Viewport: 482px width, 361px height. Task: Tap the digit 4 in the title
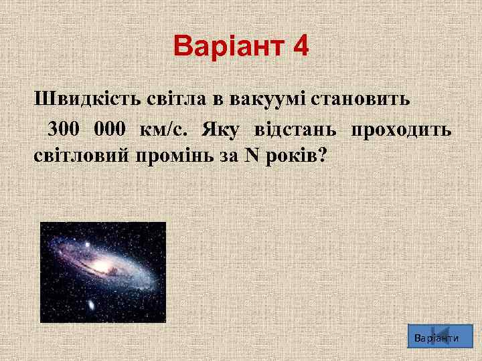(301, 47)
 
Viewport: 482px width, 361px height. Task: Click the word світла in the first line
(176, 100)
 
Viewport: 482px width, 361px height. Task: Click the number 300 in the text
(64, 128)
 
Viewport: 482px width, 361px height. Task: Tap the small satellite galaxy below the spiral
(90, 305)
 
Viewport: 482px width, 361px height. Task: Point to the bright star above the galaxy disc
(86, 245)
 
